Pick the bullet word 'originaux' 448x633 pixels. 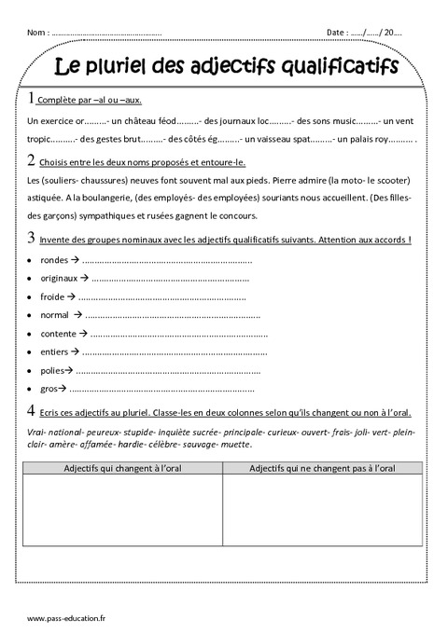[60, 279]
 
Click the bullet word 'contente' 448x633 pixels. [59, 334]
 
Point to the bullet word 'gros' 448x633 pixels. [50, 389]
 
